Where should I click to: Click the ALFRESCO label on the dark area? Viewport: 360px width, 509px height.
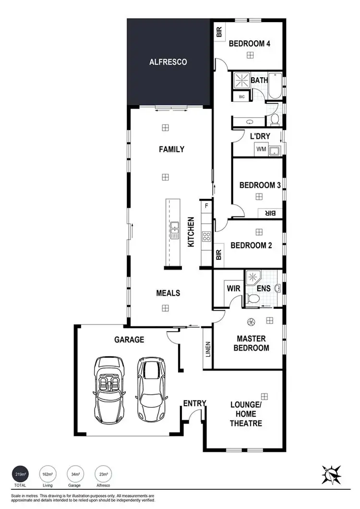tap(168, 62)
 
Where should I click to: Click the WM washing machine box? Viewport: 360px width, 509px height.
tap(261, 149)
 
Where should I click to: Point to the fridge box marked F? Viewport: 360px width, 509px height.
tap(206, 206)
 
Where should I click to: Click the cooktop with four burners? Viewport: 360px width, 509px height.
tap(207, 236)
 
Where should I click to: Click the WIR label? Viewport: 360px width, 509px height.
tap(234, 289)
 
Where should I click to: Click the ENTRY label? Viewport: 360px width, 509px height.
tap(194, 403)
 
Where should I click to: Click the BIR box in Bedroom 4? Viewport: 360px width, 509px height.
tap(219, 32)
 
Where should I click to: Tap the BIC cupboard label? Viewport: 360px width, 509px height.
tap(241, 97)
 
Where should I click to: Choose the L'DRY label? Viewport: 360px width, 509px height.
tap(260, 136)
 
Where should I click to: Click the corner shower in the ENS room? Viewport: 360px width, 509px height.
tap(252, 278)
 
